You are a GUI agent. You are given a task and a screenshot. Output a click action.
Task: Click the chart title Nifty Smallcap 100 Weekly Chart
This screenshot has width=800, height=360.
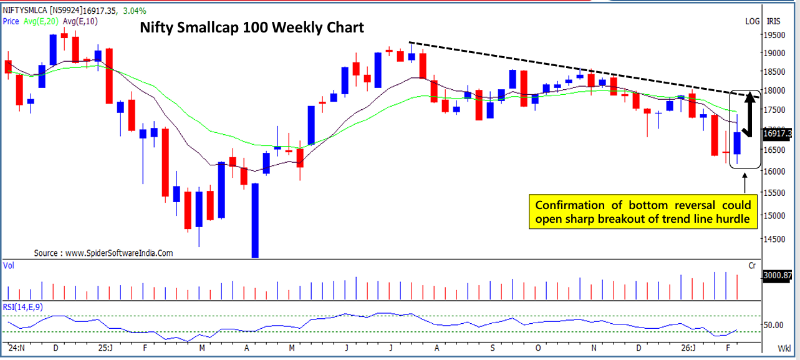click(251, 29)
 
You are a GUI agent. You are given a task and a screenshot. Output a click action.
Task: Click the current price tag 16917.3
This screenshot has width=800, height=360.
click(778, 134)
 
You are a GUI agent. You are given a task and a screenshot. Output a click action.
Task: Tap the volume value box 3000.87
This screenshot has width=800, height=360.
click(778, 275)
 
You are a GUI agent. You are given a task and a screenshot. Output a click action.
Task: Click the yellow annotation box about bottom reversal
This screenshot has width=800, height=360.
click(643, 212)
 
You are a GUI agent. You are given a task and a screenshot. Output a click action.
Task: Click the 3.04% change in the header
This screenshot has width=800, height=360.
click(136, 11)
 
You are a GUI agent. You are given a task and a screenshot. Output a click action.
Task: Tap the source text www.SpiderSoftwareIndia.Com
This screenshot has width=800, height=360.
click(103, 253)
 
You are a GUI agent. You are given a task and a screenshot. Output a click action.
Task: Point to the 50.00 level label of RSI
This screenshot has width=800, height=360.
click(773, 325)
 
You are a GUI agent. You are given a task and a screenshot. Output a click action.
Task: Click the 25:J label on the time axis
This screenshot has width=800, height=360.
click(105, 348)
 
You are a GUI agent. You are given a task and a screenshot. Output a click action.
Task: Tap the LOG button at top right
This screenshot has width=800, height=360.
click(753, 21)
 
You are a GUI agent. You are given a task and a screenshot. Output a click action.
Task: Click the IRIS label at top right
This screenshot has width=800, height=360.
click(773, 21)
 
